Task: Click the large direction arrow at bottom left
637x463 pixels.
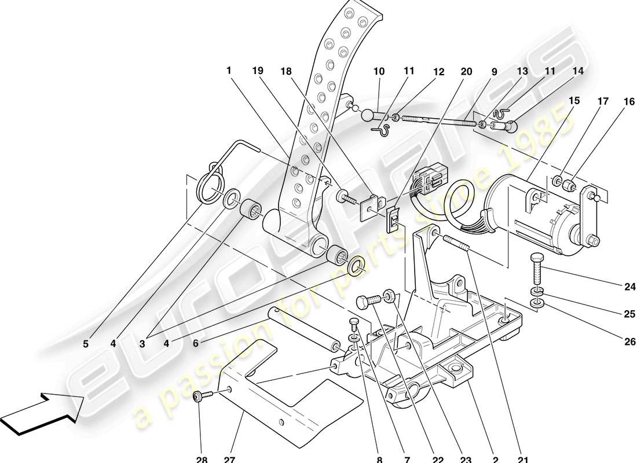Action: (43, 412)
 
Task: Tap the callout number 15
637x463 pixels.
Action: (574, 100)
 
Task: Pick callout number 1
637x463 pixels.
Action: (229, 71)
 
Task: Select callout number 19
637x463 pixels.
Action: (258, 71)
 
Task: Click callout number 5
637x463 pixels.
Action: (86, 344)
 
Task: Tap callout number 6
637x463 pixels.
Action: (196, 344)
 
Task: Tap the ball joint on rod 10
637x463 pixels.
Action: (369, 115)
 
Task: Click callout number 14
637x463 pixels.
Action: (577, 71)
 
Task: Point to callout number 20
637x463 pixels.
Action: (466, 72)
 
